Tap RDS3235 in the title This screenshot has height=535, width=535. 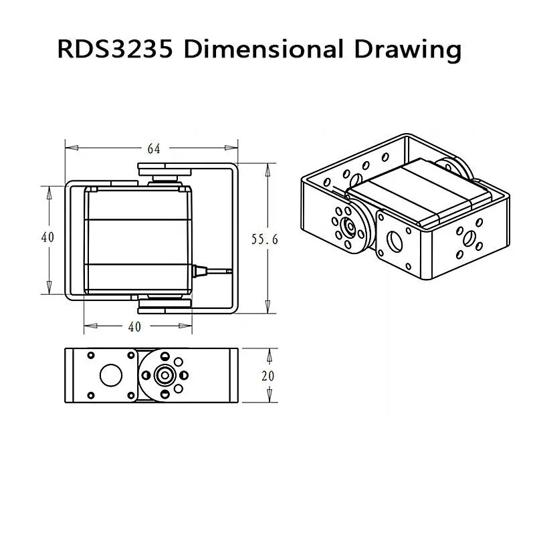(117, 49)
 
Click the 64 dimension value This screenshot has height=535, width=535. (153, 148)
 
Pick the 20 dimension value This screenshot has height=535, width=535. (267, 376)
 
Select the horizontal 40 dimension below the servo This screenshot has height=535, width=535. (134, 327)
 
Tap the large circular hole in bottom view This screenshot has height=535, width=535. (111, 374)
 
